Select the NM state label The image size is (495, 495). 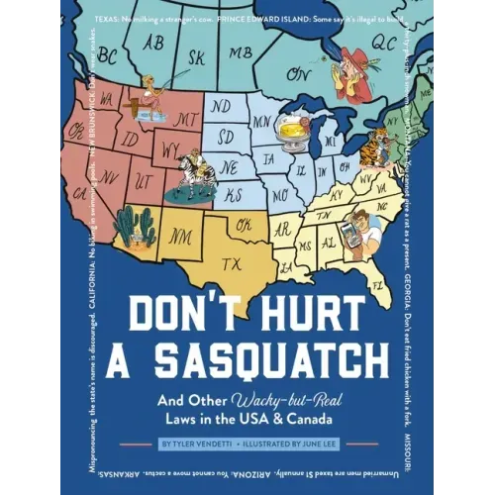182,237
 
